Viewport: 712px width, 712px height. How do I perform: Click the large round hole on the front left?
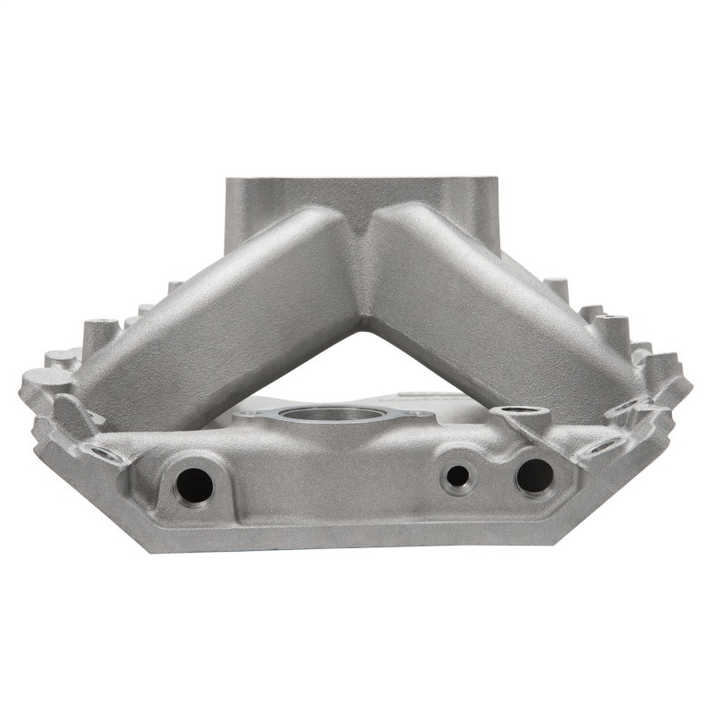[194, 484]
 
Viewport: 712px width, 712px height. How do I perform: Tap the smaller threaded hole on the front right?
[457, 476]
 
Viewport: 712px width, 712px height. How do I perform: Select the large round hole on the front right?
[534, 475]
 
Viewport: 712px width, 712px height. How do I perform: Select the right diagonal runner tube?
[498, 311]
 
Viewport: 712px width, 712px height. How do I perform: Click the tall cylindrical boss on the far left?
[100, 336]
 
